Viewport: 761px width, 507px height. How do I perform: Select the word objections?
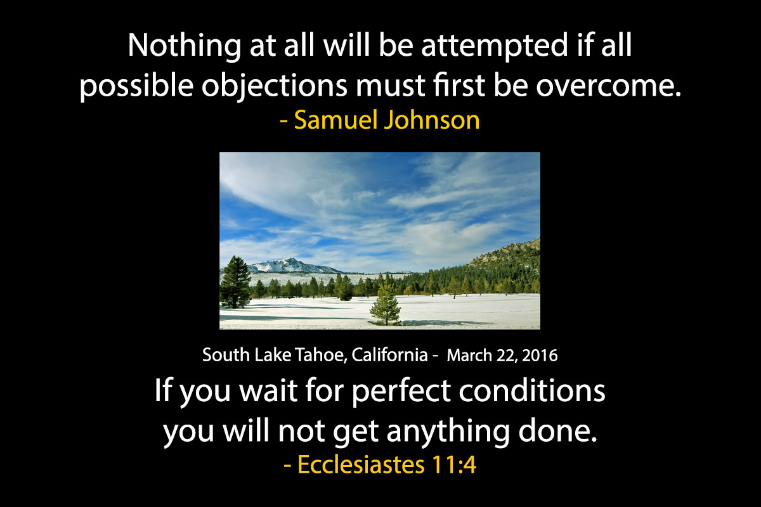click(x=275, y=86)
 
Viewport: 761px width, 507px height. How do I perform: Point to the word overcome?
click(x=609, y=86)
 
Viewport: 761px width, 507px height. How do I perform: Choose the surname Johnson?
click(x=431, y=120)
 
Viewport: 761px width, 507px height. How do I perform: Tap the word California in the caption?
click(x=389, y=355)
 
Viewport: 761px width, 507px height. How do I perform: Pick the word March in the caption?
click(x=469, y=356)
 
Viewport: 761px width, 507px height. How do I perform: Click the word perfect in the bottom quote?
click(x=401, y=392)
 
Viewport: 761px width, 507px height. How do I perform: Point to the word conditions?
click(x=532, y=390)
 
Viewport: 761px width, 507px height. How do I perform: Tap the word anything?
click(x=448, y=432)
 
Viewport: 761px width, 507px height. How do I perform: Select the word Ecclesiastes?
click(x=361, y=465)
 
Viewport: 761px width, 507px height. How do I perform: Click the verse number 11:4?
click(x=454, y=465)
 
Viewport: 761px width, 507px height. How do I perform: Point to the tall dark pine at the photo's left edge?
click(x=235, y=282)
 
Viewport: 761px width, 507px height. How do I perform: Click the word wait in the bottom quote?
click(x=268, y=391)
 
